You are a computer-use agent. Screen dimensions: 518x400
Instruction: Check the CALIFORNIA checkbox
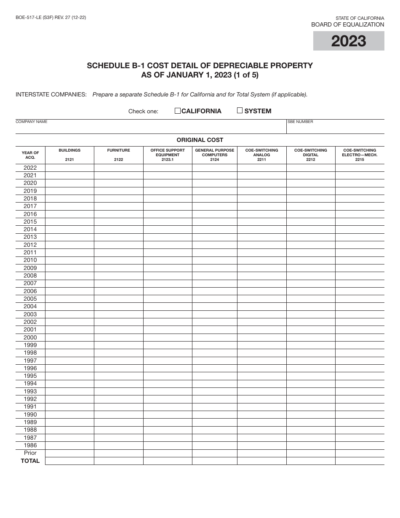178,111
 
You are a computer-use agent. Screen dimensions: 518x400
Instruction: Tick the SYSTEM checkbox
240,111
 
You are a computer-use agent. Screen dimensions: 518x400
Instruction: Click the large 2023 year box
349,41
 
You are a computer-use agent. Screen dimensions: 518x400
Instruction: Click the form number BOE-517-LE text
51,18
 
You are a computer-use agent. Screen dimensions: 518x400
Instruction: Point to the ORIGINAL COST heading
200,140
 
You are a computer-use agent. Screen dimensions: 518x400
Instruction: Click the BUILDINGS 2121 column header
69,155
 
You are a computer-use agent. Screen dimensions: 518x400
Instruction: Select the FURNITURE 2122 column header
118,155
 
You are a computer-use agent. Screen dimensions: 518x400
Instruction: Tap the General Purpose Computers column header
215,155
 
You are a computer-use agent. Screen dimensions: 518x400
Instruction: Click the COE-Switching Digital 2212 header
311,155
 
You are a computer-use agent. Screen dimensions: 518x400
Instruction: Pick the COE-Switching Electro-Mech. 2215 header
360,155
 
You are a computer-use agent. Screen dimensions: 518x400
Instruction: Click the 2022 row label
30,168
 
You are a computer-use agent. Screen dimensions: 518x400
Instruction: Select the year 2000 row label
30,337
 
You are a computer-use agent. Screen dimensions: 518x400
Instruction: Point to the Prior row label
30,453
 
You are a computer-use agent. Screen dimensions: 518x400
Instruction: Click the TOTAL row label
30,461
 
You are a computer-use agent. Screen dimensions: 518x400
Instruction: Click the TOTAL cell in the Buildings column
69,461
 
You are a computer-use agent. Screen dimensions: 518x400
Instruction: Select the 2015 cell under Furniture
118,222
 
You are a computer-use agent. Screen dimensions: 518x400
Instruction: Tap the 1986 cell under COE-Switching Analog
261,445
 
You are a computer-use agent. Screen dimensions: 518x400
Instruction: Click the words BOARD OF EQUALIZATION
347,24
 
